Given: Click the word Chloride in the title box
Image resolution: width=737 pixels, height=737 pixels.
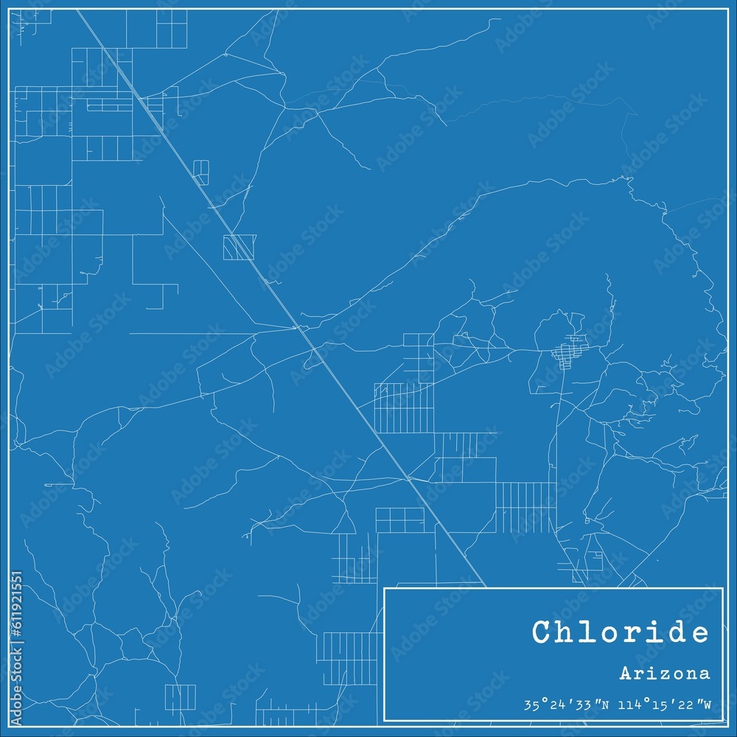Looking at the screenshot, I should coord(620,632).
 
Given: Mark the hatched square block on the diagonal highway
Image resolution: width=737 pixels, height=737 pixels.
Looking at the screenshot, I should coord(240,247).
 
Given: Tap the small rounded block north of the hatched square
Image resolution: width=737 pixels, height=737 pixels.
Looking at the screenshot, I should coord(200,170).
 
